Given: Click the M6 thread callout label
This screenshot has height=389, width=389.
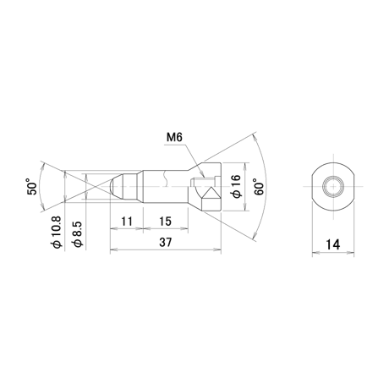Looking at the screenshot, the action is [174, 137].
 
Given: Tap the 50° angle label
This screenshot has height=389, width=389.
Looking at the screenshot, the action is [32, 186].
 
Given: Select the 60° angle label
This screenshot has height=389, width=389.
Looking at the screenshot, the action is [259, 187].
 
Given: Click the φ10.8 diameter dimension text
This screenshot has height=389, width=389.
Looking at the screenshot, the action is [56, 233].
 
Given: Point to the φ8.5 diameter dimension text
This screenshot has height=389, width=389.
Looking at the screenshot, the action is [78, 234].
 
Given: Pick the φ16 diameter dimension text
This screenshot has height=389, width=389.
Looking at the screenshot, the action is [236, 186].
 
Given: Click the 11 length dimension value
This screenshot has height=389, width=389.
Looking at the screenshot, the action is [127, 222].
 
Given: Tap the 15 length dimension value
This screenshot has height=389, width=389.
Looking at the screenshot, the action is [165, 222].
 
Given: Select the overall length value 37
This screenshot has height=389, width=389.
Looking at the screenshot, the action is [165, 243].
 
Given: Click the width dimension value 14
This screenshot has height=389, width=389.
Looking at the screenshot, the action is [333, 244].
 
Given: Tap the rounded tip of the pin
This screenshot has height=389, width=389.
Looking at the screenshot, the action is [112, 186].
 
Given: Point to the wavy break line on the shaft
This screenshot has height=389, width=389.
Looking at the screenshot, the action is [166, 178].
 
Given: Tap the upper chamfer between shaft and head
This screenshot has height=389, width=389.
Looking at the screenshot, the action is [195, 167].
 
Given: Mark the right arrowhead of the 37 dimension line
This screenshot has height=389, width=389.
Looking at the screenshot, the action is [217, 249].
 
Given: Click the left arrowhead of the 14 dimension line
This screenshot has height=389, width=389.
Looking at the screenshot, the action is [315, 253].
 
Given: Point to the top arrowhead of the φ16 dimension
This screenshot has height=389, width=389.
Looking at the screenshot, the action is [246, 167].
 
